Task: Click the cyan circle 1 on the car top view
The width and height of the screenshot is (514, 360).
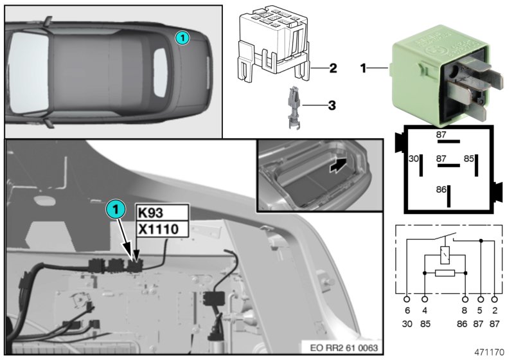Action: [183, 39]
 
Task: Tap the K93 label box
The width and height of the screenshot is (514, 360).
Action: [162, 213]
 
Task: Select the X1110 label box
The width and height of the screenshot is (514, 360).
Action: [162, 229]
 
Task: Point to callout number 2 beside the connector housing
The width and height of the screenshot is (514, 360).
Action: [332, 67]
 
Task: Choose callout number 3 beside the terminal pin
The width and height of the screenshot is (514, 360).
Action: [332, 104]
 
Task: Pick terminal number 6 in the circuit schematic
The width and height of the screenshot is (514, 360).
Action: [407, 310]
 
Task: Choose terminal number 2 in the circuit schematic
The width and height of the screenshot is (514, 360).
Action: [494, 310]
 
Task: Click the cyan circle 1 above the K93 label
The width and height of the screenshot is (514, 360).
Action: [114, 209]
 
